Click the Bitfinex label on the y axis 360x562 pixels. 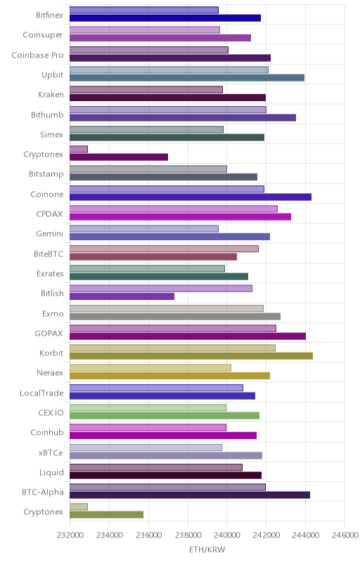pos(49,15)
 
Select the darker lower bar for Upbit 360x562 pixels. pos(187,78)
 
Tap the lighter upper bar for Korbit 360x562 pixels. pos(172,348)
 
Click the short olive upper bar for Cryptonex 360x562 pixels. pos(79,507)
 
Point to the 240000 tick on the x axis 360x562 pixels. pos(226,535)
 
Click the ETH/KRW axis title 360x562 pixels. pos(207,550)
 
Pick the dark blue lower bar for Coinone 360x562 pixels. pos(191,197)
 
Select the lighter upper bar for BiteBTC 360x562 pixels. pos(164,249)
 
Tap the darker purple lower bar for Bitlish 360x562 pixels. pos(122,296)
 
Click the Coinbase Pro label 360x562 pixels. pos(38,55)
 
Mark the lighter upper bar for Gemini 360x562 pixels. pos(143,229)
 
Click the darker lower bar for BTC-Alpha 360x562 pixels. pos(190,495)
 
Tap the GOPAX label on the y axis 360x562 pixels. pos(49,333)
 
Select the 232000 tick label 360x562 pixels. pos(70,535)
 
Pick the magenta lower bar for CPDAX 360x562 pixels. pos(181,216)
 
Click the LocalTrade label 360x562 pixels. pos(41,393)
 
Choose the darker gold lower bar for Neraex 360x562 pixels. pos(169,376)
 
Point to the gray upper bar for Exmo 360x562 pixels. pos(167,308)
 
